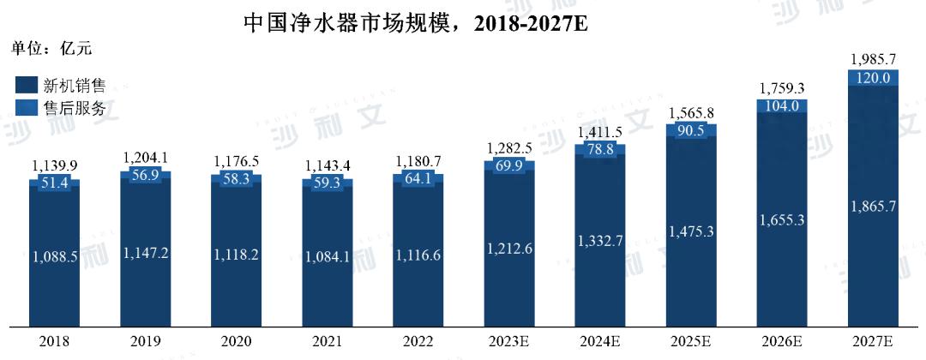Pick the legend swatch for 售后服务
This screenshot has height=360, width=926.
[x=26, y=108]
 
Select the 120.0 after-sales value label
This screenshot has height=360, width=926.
[x=874, y=78]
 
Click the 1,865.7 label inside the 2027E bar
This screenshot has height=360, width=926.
[x=874, y=206]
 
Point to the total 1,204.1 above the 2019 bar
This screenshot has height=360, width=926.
[x=146, y=159]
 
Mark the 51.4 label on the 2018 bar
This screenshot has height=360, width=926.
[x=55, y=183]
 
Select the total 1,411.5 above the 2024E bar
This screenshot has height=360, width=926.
[x=600, y=132]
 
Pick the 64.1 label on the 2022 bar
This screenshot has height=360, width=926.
[x=418, y=179]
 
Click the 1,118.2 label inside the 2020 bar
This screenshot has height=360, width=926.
[x=237, y=254]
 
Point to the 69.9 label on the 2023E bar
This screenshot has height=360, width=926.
[x=509, y=165]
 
